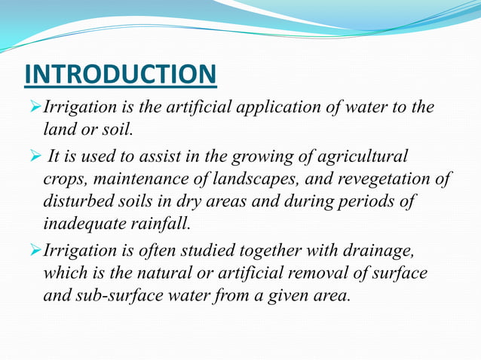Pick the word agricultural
click(363, 157)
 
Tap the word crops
click(63, 179)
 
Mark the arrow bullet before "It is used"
click(35, 157)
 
